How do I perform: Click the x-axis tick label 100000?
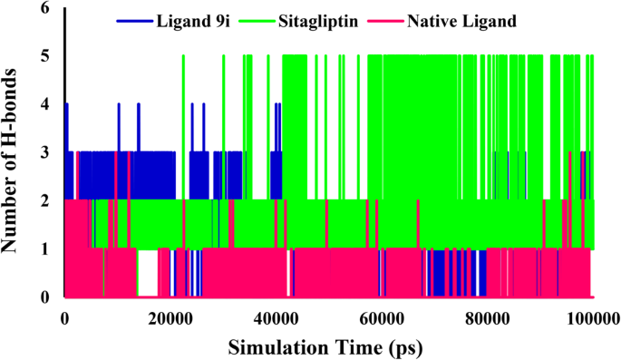(589, 318)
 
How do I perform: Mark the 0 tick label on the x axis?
(64, 318)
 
